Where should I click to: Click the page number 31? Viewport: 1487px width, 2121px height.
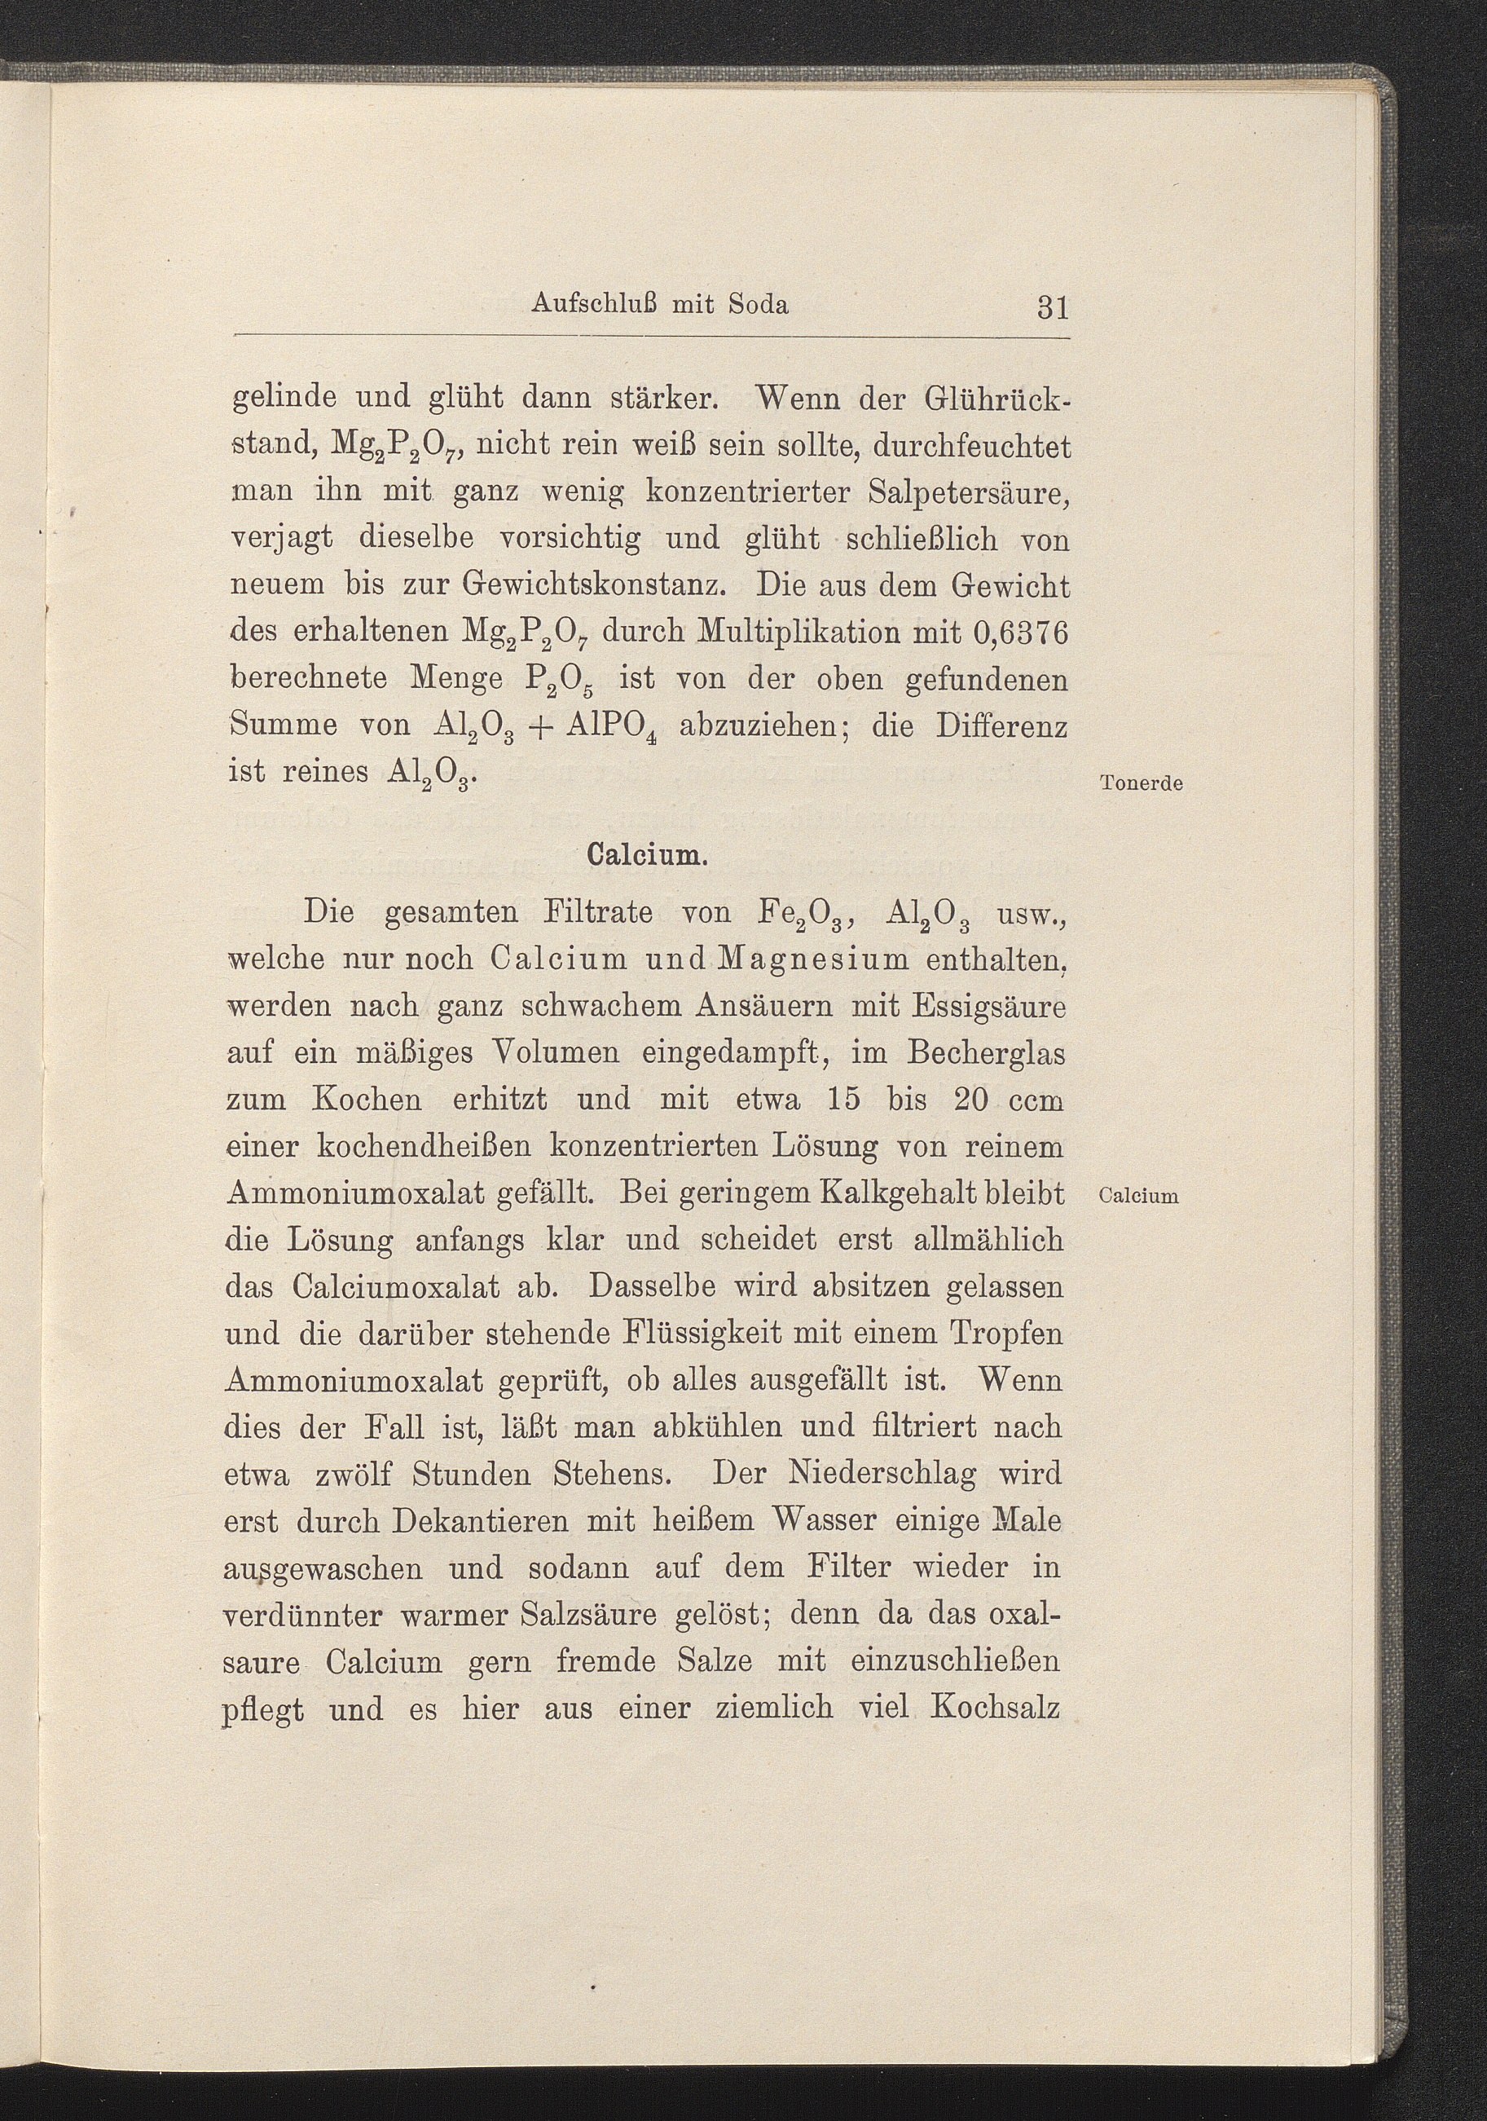pyautogui.click(x=1052, y=306)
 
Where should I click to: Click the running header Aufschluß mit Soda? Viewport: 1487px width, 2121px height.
pyautogui.click(x=659, y=305)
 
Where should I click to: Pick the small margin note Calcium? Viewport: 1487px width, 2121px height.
pyautogui.click(x=1140, y=1197)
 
